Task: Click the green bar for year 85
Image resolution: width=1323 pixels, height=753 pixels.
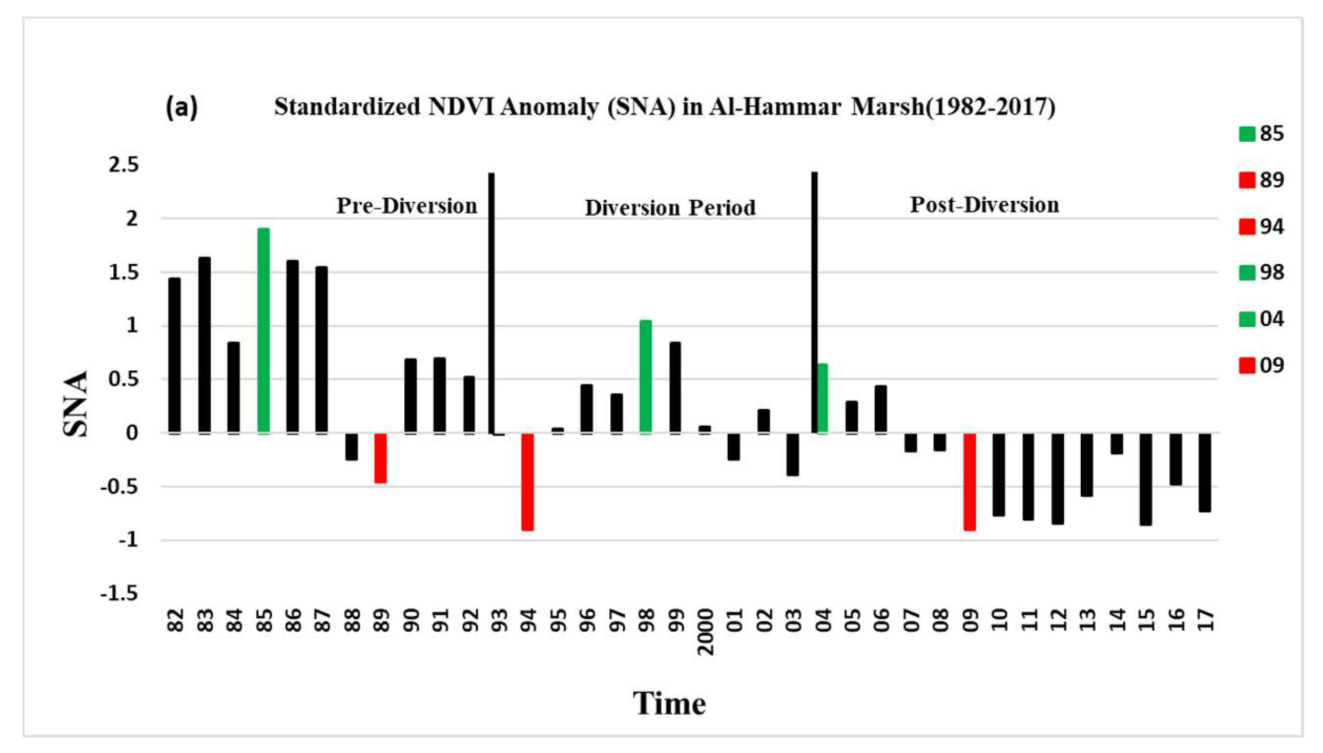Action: click(x=263, y=330)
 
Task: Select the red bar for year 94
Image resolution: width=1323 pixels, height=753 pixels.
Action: click(x=528, y=481)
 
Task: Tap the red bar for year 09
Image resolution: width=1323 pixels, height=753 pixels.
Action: click(x=970, y=481)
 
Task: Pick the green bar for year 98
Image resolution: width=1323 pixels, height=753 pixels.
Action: click(x=646, y=376)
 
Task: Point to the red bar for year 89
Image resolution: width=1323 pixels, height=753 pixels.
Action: click(x=380, y=458)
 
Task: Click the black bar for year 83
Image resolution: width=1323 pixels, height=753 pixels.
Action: click(x=205, y=345)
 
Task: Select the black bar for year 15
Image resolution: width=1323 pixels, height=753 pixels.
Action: click(x=1146, y=479)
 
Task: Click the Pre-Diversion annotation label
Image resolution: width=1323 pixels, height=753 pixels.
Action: click(x=406, y=206)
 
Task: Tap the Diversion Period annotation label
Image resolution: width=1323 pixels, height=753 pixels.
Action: click(x=670, y=208)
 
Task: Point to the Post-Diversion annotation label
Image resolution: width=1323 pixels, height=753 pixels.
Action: click(x=984, y=205)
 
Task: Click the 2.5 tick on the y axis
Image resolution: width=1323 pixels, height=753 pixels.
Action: click(x=124, y=165)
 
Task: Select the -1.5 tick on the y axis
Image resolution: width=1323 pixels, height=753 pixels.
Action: click(x=120, y=594)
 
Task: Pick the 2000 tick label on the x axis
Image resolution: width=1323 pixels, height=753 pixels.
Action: click(x=706, y=631)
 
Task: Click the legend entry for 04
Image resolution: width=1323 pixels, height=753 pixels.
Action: click(x=1262, y=319)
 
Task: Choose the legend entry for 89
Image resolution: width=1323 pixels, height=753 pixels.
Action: click(x=1262, y=180)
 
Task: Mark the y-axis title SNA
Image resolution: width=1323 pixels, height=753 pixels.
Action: click(x=75, y=404)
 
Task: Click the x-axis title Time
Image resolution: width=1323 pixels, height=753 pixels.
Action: click(x=669, y=703)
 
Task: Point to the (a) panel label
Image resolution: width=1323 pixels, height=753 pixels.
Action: click(x=181, y=107)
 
